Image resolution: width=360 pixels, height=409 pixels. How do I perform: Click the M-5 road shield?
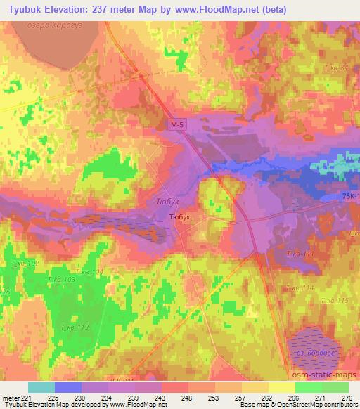177,124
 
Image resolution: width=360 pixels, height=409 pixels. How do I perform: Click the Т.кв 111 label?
300,254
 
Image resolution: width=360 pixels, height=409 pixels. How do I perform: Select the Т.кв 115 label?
335,300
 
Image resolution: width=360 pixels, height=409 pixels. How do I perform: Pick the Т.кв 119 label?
75,327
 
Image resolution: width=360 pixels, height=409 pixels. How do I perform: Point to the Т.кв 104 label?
89,271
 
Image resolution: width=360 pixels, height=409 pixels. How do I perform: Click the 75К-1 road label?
345,197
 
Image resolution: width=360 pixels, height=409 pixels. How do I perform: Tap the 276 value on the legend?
347,398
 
